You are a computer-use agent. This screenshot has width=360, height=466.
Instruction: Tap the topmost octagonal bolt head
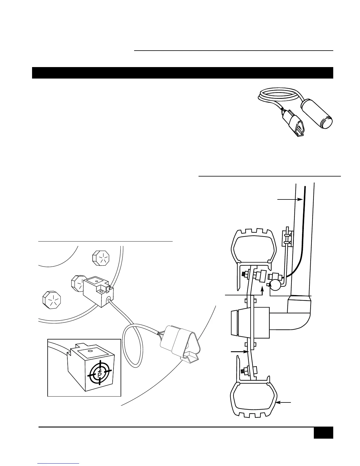tap(101, 258)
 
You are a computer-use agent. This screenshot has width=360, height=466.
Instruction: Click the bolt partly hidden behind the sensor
tap(77, 283)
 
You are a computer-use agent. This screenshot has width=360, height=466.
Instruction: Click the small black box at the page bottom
tap(323, 433)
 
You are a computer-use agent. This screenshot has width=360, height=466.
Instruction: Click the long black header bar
tap(182, 73)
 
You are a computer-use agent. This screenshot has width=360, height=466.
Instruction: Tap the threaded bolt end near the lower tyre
tap(243, 372)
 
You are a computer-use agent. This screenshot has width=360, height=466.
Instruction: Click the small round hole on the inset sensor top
tap(90, 351)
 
